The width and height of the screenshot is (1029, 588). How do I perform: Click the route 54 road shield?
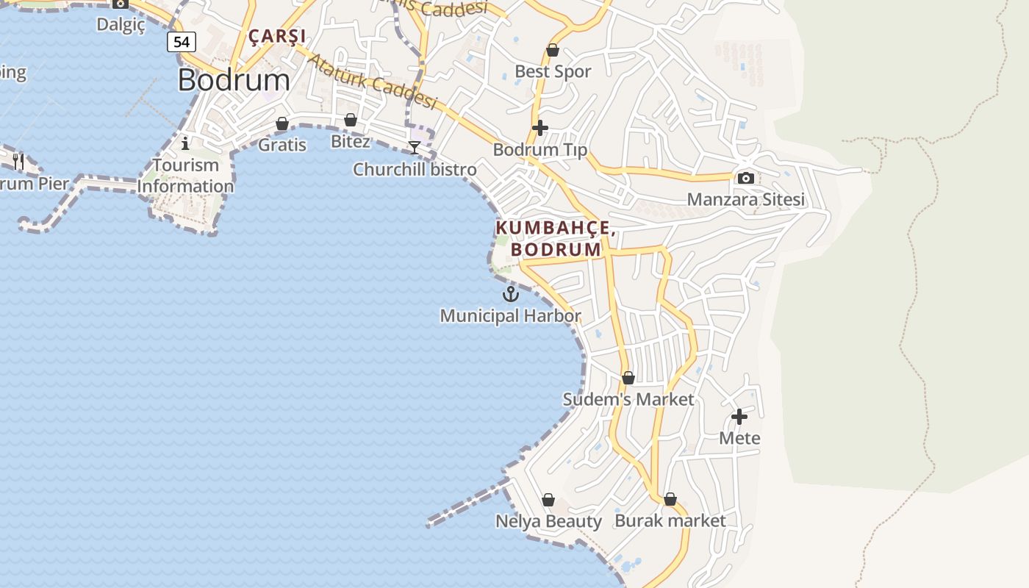182,42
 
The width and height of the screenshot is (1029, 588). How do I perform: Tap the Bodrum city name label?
234,79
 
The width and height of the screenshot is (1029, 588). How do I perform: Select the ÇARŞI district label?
277,35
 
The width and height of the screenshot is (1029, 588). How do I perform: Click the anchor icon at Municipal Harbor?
511,294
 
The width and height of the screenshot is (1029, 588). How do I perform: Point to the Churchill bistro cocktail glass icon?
415,148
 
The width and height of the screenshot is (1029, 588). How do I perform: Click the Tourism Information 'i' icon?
185,143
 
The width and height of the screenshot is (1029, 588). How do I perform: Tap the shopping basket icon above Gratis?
282,123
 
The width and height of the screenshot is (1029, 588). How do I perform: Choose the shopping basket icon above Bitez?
351,120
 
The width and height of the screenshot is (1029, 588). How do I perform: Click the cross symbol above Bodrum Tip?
540,128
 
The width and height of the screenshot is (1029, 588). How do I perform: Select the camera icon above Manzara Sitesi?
746,178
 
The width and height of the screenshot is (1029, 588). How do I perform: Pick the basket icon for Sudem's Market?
628,378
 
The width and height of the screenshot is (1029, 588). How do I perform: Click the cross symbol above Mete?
739,417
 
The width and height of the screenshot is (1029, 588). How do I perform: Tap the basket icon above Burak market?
670,499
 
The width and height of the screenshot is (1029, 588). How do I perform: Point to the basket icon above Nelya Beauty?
548,500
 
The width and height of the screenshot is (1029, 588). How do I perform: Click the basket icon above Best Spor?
553,50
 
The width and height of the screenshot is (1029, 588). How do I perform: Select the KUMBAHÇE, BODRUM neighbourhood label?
556,239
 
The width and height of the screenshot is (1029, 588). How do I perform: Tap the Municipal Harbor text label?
510,316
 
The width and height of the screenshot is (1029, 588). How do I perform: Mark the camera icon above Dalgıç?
121,4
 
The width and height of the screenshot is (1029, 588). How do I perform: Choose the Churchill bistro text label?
415,170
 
